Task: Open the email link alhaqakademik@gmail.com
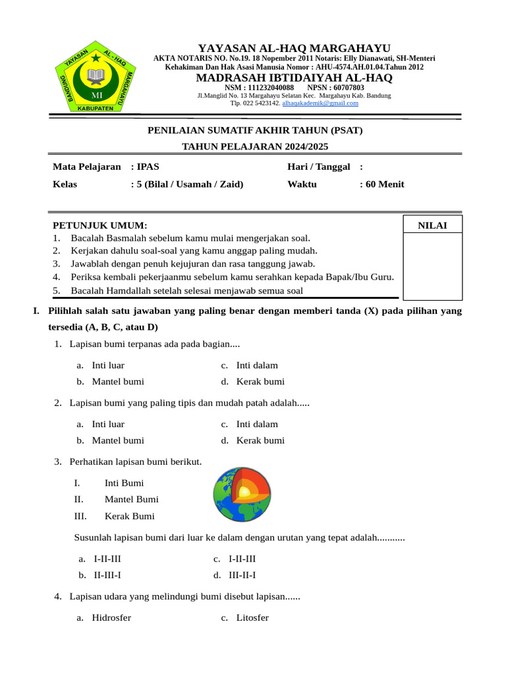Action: click(320, 103)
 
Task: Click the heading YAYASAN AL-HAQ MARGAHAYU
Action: click(295, 48)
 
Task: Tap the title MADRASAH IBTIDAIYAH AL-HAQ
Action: click(295, 78)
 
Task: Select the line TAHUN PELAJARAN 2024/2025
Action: click(254, 146)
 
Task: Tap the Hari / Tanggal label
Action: click(318, 167)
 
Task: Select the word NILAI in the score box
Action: click(432, 226)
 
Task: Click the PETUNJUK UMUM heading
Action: click(100, 225)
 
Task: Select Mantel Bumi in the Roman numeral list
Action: click(132, 499)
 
